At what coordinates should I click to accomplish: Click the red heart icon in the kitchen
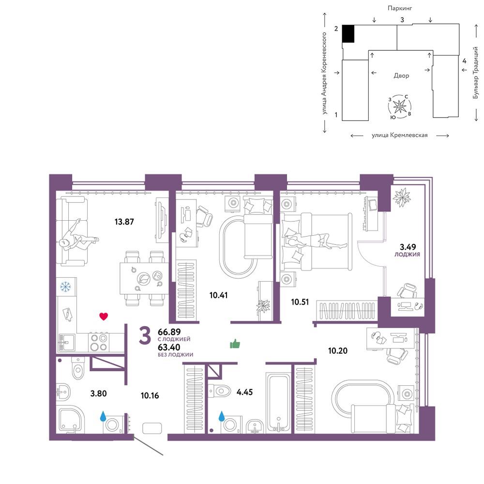coord(104,316)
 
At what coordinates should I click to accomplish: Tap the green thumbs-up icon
coord(235,344)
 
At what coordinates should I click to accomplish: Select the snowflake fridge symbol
coord(65,287)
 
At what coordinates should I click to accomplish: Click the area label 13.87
coord(124,222)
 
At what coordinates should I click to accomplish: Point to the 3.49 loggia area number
coord(408,247)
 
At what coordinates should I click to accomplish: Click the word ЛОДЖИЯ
coord(407,255)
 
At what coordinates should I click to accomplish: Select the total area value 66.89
coord(169,332)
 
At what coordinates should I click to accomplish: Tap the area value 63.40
coord(169,348)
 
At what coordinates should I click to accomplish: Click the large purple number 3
coord(145,336)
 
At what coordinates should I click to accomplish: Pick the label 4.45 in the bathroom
coord(244,392)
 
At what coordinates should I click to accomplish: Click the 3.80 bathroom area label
coord(98,393)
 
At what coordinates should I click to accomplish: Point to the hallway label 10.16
coord(150,395)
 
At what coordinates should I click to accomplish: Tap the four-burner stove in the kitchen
coord(99,342)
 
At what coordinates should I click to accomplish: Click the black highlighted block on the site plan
coord(348,34)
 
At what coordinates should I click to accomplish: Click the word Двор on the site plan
coord(401,76)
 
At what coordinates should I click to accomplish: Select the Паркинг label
coord(400,8)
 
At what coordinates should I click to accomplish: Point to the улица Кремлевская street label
coord(400,135)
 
